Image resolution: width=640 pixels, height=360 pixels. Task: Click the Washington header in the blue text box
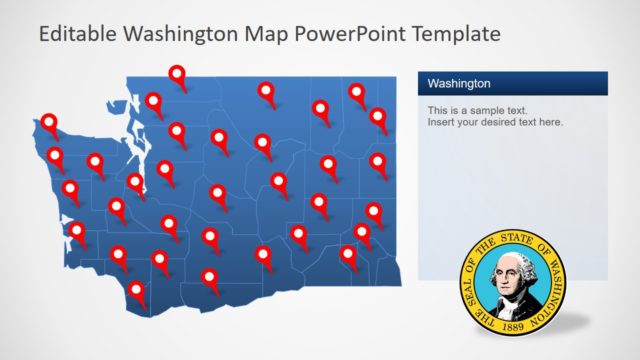(x=459, y=83)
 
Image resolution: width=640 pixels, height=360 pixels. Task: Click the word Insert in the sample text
(x=441, y=122)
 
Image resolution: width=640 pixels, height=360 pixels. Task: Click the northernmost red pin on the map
(x=177, y=73)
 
